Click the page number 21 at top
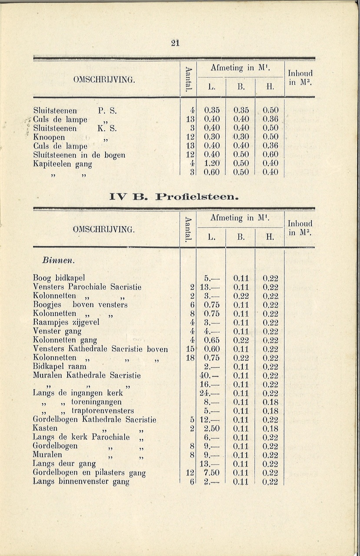point(175,43)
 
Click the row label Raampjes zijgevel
point(66,322)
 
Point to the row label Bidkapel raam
point(60,367)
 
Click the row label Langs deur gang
point(64,464)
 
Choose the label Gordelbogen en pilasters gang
point(89,473)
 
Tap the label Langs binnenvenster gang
point(81,481)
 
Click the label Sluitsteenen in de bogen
point(79,155)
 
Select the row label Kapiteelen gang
point(63,164)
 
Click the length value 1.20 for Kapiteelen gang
point(212,163)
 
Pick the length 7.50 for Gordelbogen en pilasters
point(212,473)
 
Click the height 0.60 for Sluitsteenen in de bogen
point(270,155)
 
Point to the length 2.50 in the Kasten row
point(212,428)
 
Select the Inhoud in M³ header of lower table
point(300,228)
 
